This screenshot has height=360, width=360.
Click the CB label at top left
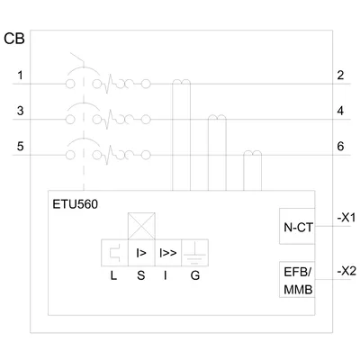(14, 39)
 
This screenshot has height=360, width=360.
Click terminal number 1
(20, 75)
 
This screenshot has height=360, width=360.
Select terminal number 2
(340, 75)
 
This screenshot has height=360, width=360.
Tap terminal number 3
(20, 111)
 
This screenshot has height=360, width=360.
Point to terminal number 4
(340, 111)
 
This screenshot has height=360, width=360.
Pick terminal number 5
(20, 147)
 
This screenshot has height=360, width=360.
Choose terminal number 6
(340, 147)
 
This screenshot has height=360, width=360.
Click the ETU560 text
(75, 204)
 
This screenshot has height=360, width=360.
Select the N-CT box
(297, 226)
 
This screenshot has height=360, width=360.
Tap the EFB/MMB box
(297, 280)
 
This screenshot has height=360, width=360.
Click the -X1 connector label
(346, 218)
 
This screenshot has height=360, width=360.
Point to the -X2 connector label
(346, 272)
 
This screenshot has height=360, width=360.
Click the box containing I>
(141, 253)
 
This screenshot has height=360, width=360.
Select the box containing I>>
(168, 253)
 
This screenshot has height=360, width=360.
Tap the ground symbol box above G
(195, 253)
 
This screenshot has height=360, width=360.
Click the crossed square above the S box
(141, 226)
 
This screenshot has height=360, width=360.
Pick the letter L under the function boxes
(113, 275)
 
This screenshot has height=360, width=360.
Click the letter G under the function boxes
(195, 275)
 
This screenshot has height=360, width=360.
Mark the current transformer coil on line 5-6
(252, 153)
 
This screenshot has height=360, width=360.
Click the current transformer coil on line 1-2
(181, 82)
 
